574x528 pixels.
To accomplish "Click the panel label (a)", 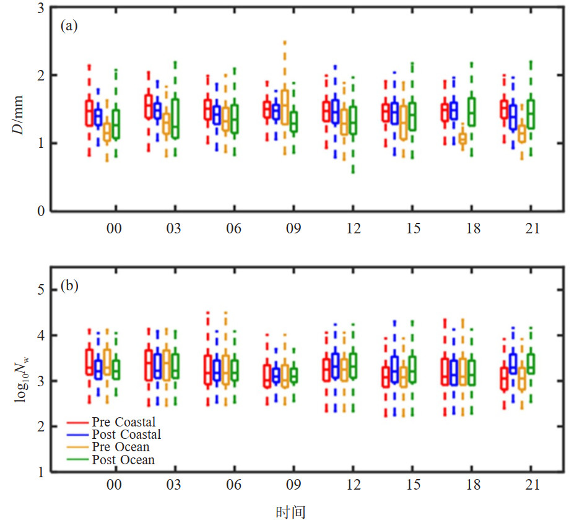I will tap(69, 26).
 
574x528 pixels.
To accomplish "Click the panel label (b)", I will tap(69, 287).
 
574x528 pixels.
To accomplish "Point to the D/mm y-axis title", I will tap(24, 115).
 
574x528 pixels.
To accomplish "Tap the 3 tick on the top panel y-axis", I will tap(38, 8).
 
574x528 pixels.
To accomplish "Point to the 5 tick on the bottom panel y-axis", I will tap(38, 289).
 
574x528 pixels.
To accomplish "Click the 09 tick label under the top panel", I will tap(293, 229).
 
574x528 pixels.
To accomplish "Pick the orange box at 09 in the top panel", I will tap(285, 107).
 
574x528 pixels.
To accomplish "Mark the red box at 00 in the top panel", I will tap(89, 113).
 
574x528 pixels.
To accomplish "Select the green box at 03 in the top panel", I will tap(175, 118).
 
